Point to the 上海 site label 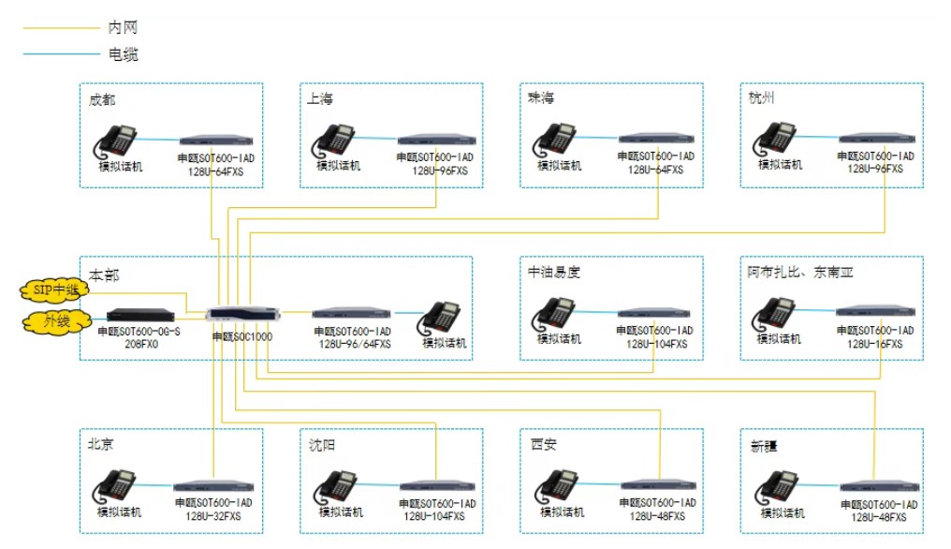click(319, 98)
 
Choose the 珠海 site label click(540, 98)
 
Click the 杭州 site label click(761, 98)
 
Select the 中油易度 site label click(554, 273)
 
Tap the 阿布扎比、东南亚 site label click(800, 273)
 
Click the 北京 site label click(100, 445)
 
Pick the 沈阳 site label click(321, 445)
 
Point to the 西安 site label click(542, 445)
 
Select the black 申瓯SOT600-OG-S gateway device click(140, 315)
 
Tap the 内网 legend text click(124, 28)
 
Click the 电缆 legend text click(124, 54)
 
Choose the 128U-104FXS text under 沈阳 click(434, 516)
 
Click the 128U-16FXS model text click(875, 344)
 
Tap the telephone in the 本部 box click(441, 318)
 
